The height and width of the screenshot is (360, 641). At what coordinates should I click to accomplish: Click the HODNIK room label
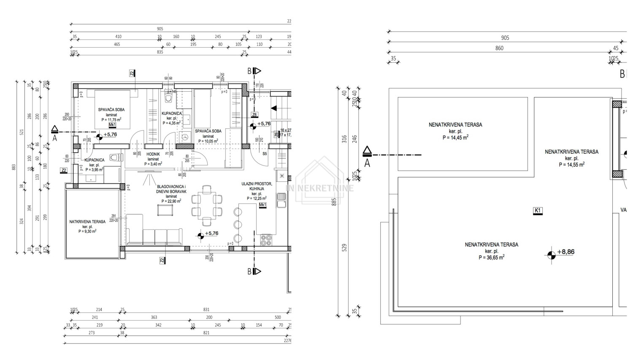coord(152,154)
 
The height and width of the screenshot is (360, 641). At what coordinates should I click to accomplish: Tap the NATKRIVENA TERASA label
coord(87,221)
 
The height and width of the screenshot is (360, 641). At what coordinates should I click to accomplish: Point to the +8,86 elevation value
coord(565,252)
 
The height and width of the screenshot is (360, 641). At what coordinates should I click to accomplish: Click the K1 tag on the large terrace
coord(538,210)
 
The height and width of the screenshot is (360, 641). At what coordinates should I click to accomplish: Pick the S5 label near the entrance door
coord(265,154)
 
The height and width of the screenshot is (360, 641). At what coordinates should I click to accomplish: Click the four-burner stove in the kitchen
coord(266,240)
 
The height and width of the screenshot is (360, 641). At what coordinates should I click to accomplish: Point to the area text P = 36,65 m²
coord(491,257)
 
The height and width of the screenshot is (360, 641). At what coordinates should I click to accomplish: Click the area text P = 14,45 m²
coord(455,137)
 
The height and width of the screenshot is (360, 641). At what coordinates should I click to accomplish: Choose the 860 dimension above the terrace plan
coord(499,48)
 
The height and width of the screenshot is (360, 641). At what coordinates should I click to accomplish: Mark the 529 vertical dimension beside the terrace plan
coord(343,247)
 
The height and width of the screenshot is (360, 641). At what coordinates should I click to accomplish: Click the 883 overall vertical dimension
coord(14,167)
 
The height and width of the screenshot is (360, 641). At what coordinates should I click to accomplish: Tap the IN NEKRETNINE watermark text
coord(320,188)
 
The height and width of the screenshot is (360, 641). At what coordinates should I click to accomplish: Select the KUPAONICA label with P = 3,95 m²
coord(94,160)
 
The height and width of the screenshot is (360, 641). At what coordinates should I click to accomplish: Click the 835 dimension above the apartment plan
coord(160,52)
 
